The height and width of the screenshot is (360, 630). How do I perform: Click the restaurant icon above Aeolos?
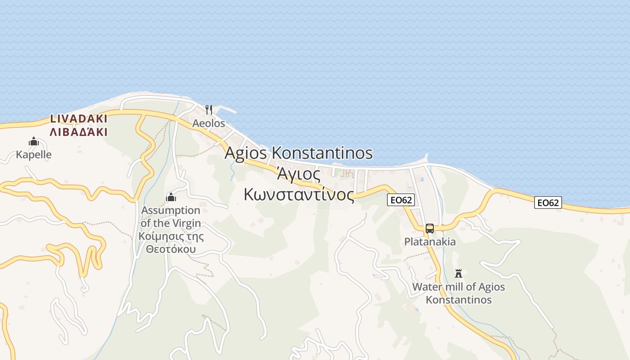coord(208,109)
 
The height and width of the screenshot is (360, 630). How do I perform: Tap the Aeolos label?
coord(208,123)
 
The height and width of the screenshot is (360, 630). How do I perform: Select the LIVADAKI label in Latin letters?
coord(79,119)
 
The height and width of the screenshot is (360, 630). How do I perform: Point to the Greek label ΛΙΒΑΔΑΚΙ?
coord(79,132)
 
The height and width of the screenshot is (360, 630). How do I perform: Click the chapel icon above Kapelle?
coord(34,142)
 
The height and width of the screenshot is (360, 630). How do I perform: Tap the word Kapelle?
coord(34,155)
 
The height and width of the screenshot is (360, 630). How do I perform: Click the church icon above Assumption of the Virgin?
coord(171,197)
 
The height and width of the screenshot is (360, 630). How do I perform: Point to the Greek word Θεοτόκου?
coord(171,249)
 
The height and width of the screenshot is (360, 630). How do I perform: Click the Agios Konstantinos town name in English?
coord(299,153)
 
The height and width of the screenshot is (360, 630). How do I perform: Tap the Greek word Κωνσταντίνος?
coord(299,194)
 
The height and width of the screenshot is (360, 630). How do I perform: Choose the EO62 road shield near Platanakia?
coord(400,200)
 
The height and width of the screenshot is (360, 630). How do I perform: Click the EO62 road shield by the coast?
coord(548,202)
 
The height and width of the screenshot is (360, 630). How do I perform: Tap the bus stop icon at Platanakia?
coord(430,229)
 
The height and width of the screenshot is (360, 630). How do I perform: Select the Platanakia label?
coord(430,242)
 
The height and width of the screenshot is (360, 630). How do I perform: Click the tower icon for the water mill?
coord(459,273)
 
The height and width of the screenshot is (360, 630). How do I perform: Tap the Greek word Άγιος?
coord(298,174)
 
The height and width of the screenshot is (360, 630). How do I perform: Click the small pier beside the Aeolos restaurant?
coord(227,109)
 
